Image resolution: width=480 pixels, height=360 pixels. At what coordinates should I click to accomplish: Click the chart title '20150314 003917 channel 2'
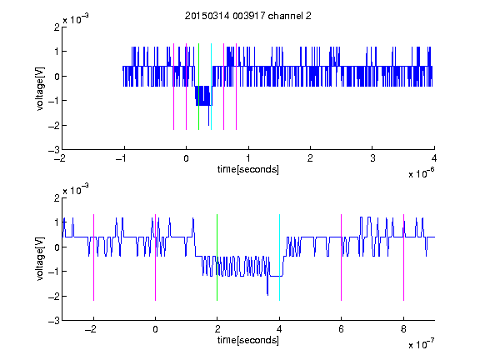click(x=248, y=16)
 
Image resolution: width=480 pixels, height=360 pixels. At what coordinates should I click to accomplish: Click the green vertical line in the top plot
click(x=198, y=87)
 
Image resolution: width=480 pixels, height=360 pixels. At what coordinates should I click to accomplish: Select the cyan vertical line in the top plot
click(x=211, y=87)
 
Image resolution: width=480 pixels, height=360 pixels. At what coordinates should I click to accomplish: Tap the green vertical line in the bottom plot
click(x=217, y=257)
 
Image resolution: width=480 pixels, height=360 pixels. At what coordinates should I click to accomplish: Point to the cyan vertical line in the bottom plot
click(x=279, y=257)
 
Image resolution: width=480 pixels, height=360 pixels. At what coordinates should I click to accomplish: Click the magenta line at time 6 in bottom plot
click(x=342, y=257)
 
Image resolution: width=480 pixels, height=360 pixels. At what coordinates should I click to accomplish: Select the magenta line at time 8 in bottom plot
click(x=404, y=257)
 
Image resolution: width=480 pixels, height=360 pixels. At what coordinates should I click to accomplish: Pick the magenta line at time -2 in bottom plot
click(x=93, y=257)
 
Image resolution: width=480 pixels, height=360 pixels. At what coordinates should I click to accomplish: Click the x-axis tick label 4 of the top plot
click(x=434, y=158)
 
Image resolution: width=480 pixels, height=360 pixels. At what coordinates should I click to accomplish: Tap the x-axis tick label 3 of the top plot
click(x=372, y=158)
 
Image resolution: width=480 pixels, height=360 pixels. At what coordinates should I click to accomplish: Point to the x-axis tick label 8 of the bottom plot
click(x=403, y=329)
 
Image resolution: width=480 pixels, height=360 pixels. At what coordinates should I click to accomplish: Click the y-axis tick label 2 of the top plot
click(x=57, y=27)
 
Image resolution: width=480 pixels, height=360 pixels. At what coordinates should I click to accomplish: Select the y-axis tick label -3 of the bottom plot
click(x=54, y=321)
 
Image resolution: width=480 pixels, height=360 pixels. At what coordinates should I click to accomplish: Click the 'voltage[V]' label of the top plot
click(x=40, y=88)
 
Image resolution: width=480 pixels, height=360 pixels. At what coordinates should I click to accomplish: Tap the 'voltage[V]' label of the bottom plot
click(x=40, y=259)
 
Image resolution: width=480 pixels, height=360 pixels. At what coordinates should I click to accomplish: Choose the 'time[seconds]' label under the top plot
click(x=248, y=169)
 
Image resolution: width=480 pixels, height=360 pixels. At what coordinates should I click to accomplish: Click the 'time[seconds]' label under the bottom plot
click(x=248, y=340)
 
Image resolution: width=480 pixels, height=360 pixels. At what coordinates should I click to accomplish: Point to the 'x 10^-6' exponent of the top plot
click(x=421, y=173)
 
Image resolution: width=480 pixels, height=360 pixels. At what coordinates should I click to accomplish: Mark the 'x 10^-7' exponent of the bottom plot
click(x=421, y=344)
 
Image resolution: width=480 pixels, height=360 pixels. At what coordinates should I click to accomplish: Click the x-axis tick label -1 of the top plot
click(x=121, y=158)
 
